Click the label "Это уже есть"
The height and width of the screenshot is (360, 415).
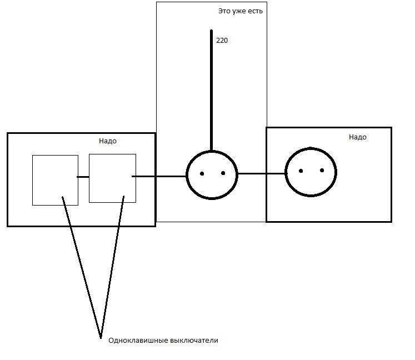click(x=241, y=11)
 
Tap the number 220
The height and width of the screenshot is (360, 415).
click(x=222, y=40)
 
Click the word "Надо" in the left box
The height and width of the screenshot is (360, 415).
click(x=108, y=141)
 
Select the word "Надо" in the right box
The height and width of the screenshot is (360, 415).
click(x=358, y=137)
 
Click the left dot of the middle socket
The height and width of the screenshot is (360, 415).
click(x=202, y=174)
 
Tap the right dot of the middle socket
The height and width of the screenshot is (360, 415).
click(x=223, y=173)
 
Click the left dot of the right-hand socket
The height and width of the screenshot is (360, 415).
click(x=301, y=171)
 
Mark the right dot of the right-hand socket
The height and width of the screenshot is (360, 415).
click(x=322, y=170)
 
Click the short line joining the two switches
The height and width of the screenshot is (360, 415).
click(x=83, y=177)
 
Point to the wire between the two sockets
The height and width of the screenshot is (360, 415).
click(x=262, y=174)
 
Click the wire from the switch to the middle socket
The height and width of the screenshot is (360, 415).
click(x=159, y=176)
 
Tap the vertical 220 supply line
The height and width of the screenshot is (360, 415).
click(x=212, y=91)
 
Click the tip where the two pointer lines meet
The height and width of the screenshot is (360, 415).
click(x=101, y=338)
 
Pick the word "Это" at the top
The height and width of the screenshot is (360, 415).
click(x=224, y=11)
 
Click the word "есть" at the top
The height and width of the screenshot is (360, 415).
click(x=255, y=11)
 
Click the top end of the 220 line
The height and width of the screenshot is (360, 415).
click(x=212, y=31)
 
